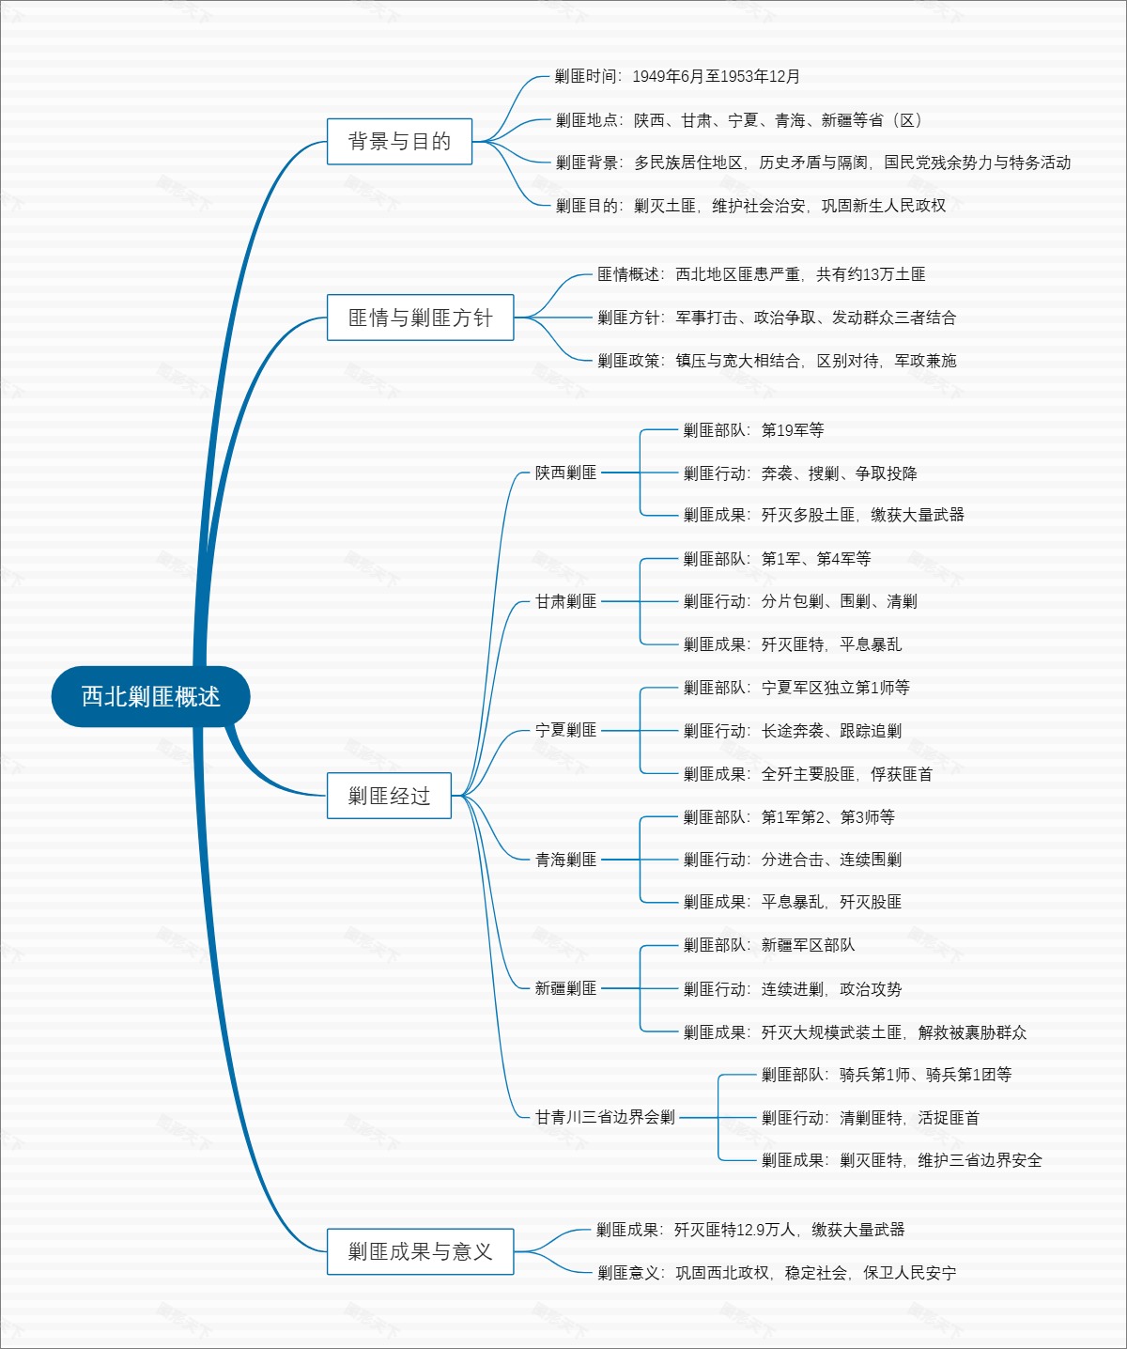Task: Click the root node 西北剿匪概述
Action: (x=150, y=696)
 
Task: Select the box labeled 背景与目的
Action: (x=399, y=141)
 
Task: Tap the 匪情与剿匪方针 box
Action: (x=420, y=318)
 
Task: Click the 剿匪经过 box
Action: (x=389, y=796)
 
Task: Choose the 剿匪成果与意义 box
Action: (x=420, y=1251)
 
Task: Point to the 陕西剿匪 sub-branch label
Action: (x=565, y=473)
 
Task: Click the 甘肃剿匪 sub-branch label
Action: (x=565, y=601)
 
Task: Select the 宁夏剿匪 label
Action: (x=565, y=730)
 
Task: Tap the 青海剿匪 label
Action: (x=565, y=860)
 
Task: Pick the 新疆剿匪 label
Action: (x=565, y=988)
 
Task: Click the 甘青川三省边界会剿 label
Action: (x=605, y=1117)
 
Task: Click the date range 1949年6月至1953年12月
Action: (x=716, y=76)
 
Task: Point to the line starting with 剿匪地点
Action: (x=738, y=120)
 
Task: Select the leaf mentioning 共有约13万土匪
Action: (x=761, y=274)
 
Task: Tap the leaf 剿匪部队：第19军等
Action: (x=753, y=430)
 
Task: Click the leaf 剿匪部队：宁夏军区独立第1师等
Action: (x=796, y=688)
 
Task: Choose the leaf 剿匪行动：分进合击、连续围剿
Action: (x=792, y=860)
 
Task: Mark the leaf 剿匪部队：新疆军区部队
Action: (x=769, y=945)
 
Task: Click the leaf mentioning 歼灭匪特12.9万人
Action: (x=750, y=1230)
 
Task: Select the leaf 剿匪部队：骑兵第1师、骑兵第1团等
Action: (x=887, y=1075)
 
